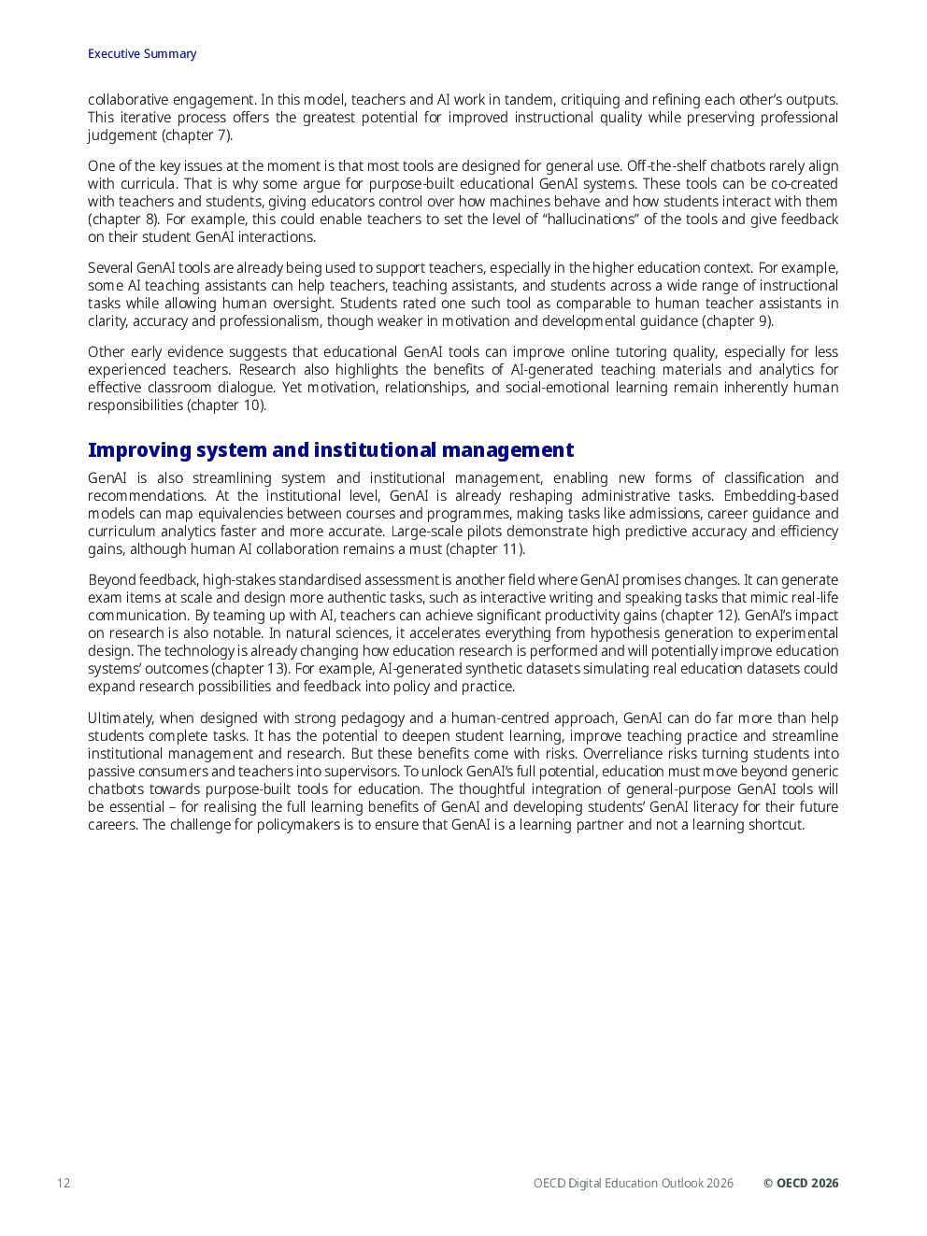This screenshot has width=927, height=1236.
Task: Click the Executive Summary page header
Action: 142,54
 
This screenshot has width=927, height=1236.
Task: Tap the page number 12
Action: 64,1183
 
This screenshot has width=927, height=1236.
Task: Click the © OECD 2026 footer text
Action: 801,1183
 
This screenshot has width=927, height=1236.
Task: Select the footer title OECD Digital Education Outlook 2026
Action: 633,1183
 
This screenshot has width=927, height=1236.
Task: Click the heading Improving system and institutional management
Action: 331,450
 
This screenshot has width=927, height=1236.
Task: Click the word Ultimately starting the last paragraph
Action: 120,718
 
